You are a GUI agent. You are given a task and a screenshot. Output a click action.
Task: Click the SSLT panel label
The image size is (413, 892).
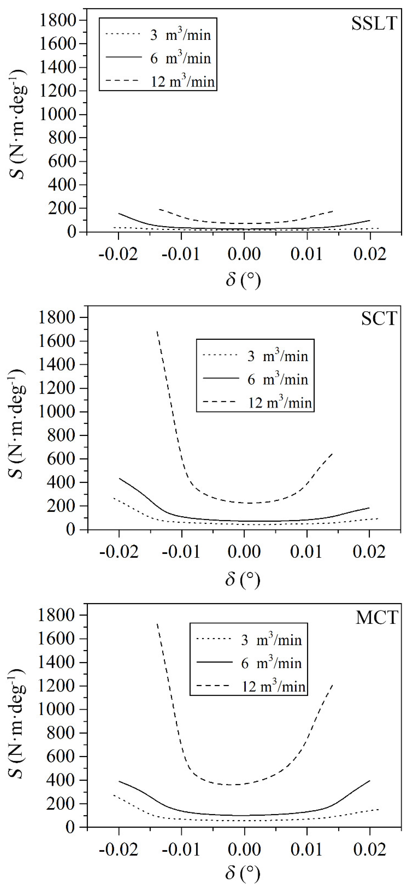point(374,24)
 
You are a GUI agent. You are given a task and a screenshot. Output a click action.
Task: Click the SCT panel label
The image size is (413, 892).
point(379,318)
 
